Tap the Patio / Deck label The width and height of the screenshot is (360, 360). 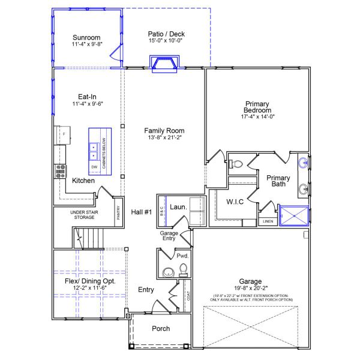(x=167, y=34)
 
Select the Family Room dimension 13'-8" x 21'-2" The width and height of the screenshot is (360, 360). (x=164, y=137)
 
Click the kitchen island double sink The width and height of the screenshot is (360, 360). (x=94, y=149)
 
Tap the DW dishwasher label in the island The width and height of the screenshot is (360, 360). (x=94, y=166)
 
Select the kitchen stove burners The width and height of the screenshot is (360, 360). (x=61, y=171)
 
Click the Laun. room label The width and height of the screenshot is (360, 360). (x=178, y=207)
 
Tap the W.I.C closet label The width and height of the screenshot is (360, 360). (x=234, y=202)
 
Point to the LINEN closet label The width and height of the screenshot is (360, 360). (x=268, y=221)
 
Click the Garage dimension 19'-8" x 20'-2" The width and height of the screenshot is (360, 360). (x=250, y=289)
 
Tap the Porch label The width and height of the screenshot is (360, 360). (x=161, y=329)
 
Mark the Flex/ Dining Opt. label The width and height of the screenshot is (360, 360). (x=90, y=281)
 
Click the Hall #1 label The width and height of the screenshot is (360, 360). (x=142, y=211)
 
